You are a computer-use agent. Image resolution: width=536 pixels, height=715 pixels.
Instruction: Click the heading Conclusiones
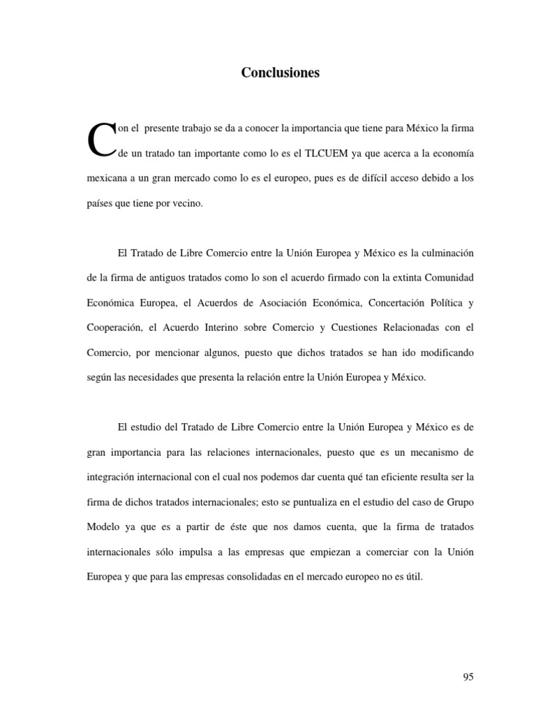pyautogui.click(x=280, y=73)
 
